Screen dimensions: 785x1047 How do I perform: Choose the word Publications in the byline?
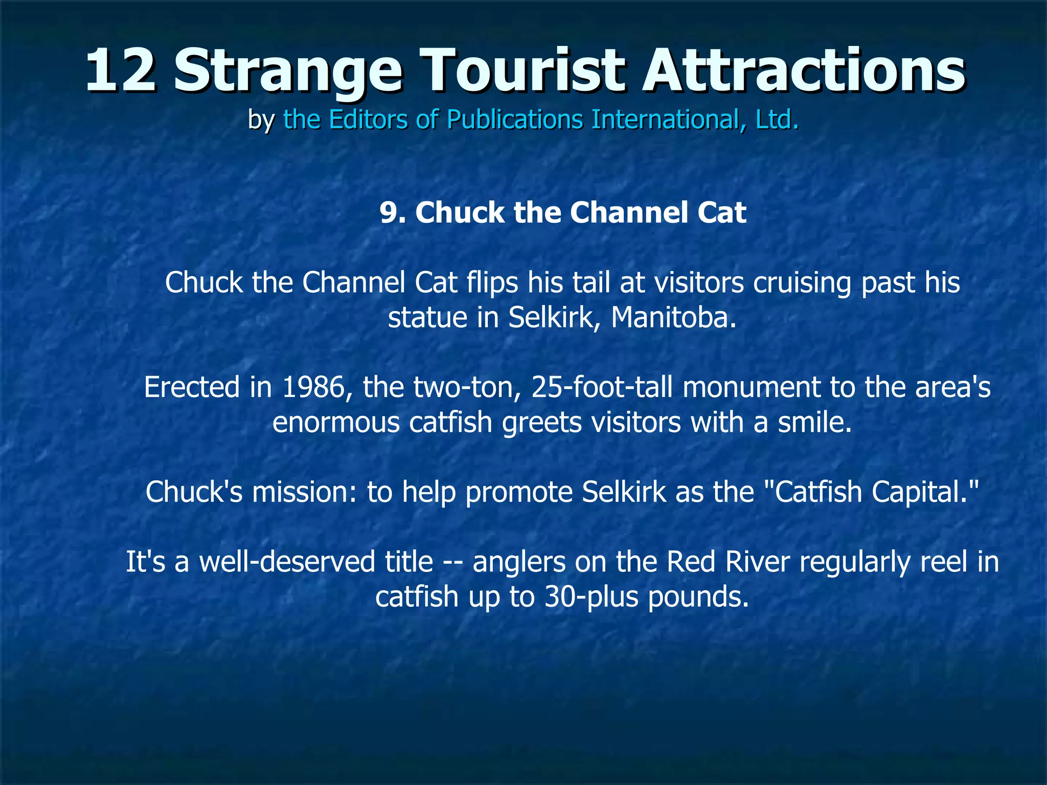[x=514, y=120]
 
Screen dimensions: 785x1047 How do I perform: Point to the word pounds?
[x=698, y=596]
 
